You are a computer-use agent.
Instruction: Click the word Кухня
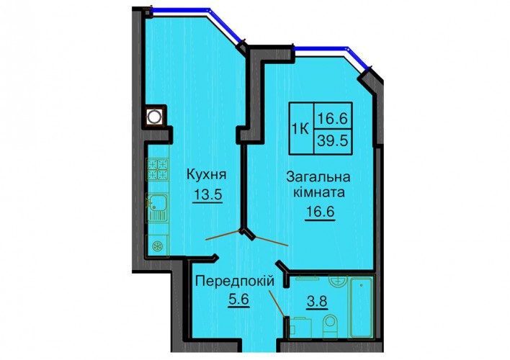(x=206, y=175)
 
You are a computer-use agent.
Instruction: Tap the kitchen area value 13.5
(x=207, y=195)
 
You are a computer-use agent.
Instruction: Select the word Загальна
(x=318, y=177)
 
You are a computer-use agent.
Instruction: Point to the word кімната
(x=318, y=192)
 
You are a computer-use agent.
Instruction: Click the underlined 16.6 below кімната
(x=320, y=212)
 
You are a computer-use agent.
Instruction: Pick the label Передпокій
(x=235, y=281)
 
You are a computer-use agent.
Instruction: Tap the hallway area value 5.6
(x=238, y=300)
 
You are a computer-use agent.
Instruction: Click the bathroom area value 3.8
(x=317, y=302)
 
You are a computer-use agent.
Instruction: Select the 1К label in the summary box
(x=300, y=130)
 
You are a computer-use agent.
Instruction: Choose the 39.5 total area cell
(x=333, y=141)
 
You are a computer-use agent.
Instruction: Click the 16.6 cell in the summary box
(x=333, y=117)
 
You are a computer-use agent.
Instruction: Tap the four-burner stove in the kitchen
(x=158, y=169)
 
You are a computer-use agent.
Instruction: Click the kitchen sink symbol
(x=158, y=208)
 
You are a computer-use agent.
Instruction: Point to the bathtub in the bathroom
(x=361, y=307)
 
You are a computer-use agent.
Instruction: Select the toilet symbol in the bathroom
(x=330, y=325)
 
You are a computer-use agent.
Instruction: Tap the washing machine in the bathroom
(x=300, y=328)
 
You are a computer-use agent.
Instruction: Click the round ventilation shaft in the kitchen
(x=154, y=116)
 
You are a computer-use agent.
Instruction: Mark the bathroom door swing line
(x=277, y=303)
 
